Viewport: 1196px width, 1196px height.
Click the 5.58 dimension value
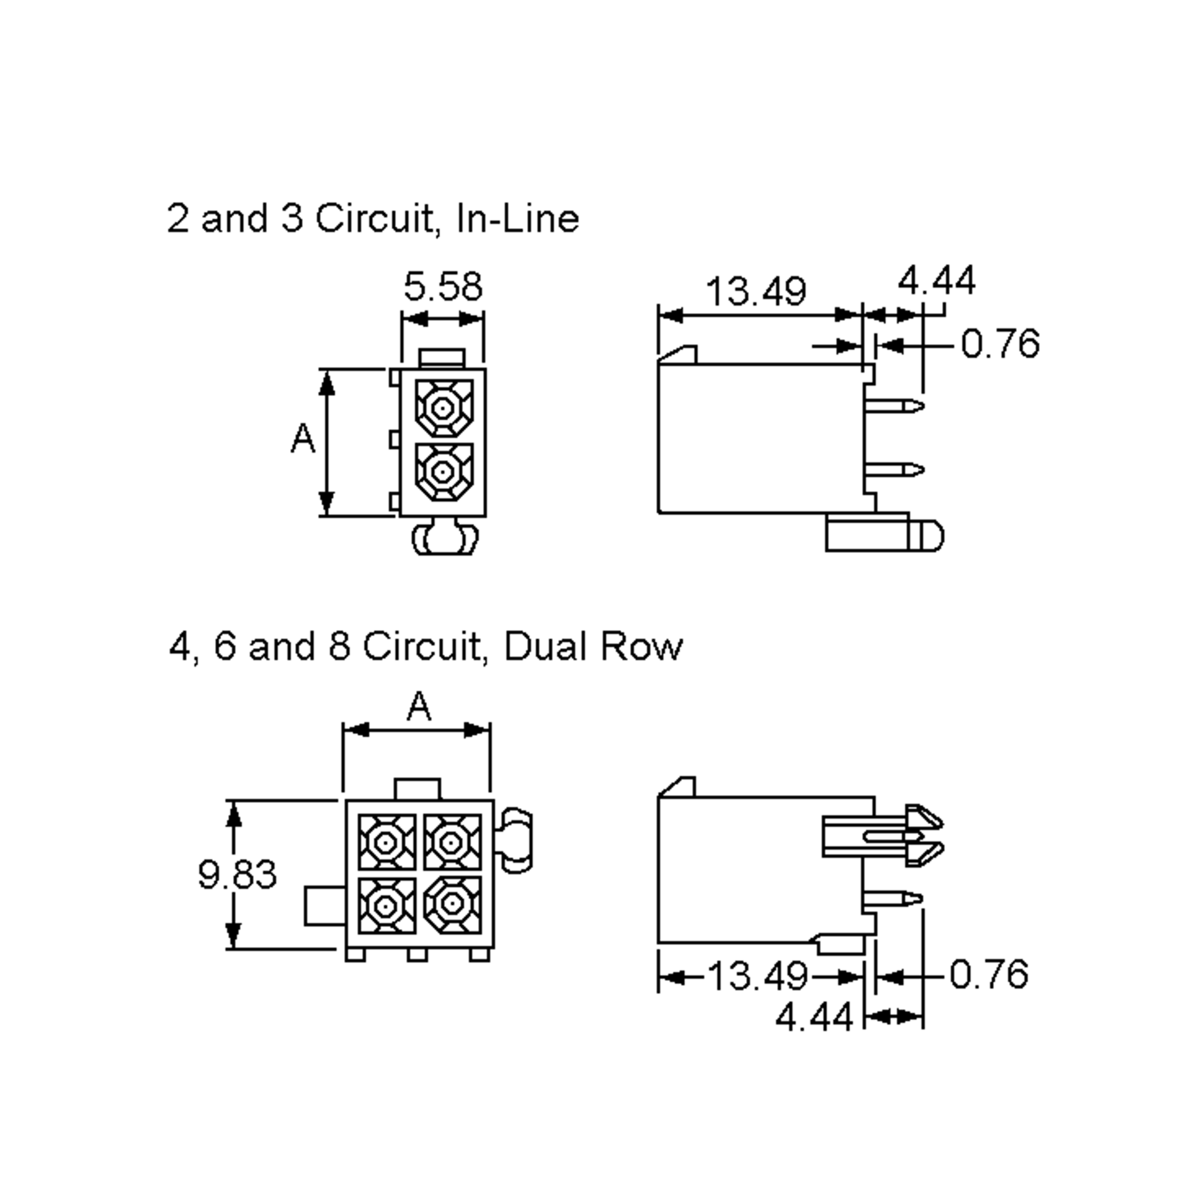point(443,287)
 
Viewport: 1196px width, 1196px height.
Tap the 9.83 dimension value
point(237,875)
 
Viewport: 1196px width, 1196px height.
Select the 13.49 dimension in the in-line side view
point(756,291)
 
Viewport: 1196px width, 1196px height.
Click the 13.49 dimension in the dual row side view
point(757,976)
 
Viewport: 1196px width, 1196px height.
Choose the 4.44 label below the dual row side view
point(814,1017)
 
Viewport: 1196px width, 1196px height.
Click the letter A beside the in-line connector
point(302,439)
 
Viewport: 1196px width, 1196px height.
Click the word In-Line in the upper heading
point(517,219)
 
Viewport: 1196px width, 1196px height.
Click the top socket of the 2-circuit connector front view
point(443,408)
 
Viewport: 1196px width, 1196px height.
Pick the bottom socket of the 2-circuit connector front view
point(443,472)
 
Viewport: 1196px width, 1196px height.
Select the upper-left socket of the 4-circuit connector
point(386,842)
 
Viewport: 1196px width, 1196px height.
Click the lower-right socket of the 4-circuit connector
point(452,904)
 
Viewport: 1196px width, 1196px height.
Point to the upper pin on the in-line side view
point(894,406)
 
